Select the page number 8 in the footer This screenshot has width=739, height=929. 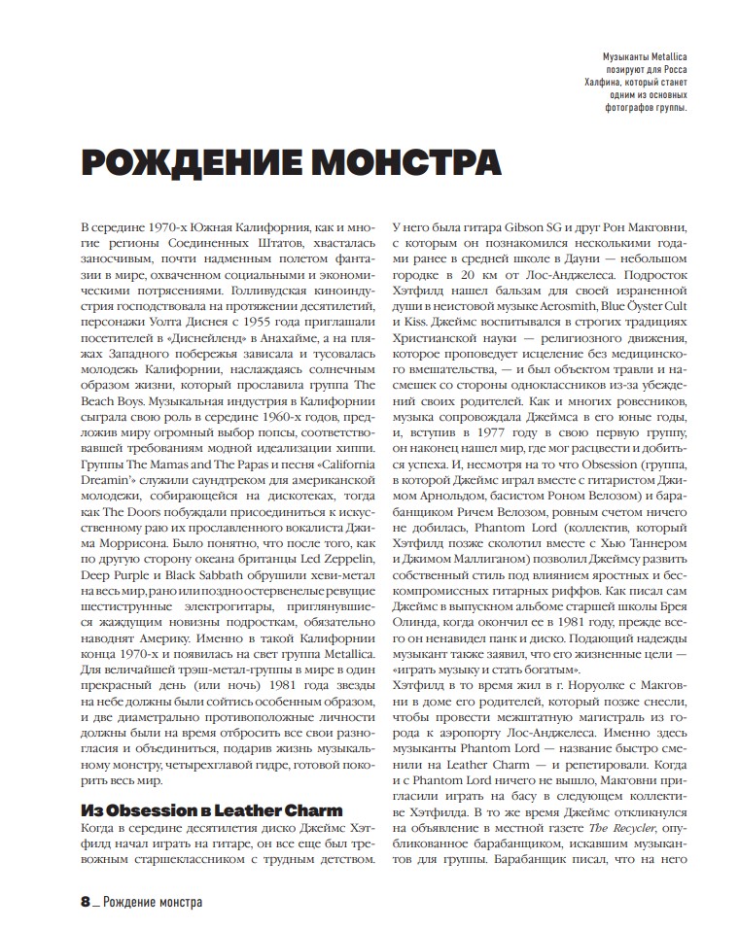pos(85,903)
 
